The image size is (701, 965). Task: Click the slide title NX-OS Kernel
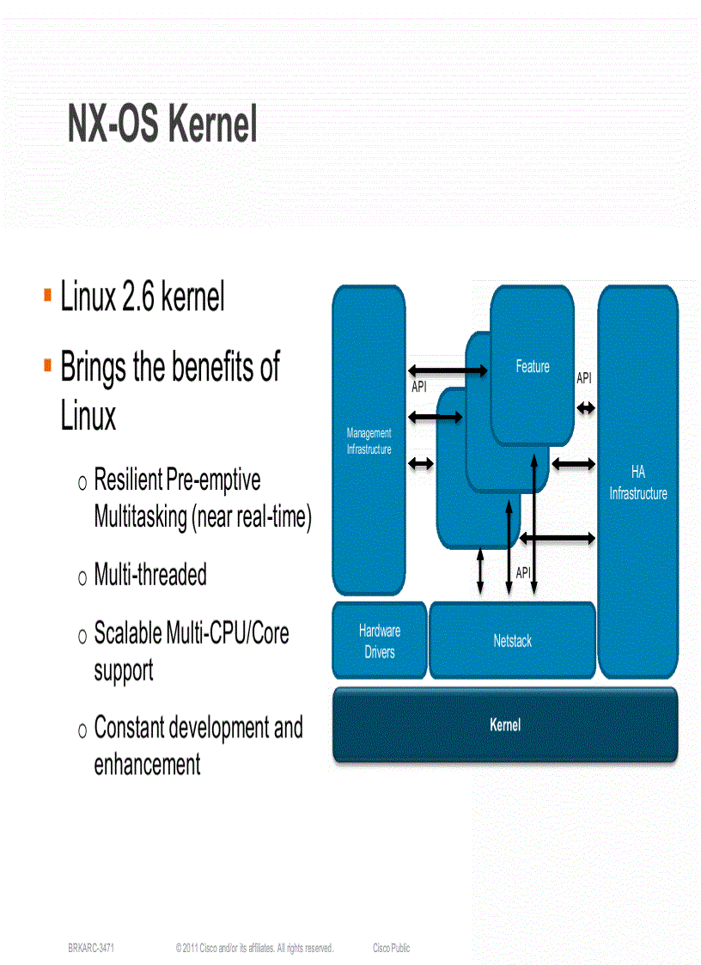click(162, 125)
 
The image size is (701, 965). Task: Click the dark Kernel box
click(505, 725)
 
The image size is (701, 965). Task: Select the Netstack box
click(512, 641)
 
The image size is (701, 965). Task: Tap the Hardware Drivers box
click(380, 641)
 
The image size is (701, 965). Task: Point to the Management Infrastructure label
click(369, 442)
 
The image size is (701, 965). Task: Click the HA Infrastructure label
click(637, 483)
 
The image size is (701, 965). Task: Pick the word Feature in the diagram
click(533, 367)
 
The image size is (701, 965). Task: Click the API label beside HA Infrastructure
click(584, 378)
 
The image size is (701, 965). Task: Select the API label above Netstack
click(523, 573)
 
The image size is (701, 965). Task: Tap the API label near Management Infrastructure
click(419, 388)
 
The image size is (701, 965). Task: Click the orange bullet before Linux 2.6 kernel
click(47, 296)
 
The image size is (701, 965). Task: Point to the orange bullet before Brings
click(47, 365)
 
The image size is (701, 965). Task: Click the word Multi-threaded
click(150, 575)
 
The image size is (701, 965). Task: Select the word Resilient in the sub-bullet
click(128, 479)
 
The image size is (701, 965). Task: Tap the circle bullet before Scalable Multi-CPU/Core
click(82, 637)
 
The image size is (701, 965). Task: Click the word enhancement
click(147, 764)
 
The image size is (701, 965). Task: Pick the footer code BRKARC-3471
click(92, 948)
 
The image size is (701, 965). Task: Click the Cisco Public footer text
click(391, 948)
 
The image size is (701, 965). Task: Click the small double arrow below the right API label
click(586, 408)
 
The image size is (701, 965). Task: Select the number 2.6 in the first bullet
click(137, 297)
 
